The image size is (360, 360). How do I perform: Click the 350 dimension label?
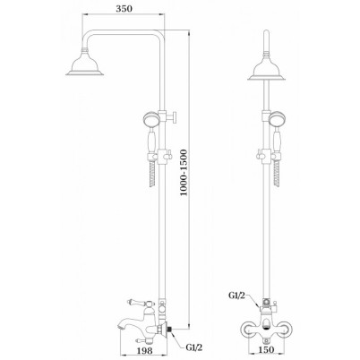[x=124, y=9]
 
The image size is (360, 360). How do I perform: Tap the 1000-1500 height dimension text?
[x=184, y=173]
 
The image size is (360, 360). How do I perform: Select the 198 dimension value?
[x=146, y=350]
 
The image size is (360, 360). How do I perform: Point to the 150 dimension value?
[x=266, y=349]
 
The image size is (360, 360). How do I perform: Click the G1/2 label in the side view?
[x=194, y=347]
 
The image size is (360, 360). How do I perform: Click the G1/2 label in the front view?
[x=236, y=296]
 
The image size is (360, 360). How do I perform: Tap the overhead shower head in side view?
[x=85, y=63]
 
